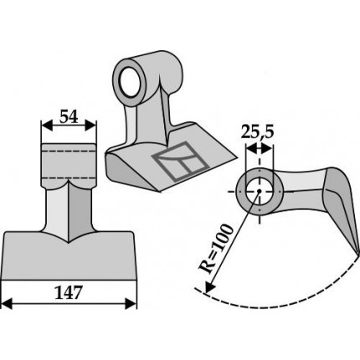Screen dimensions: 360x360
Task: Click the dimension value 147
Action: coord(69,293)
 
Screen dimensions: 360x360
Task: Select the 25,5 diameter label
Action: coord(257,132)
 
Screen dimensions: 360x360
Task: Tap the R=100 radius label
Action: coord(216,249)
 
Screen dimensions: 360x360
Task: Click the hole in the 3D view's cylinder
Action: coord(131,81)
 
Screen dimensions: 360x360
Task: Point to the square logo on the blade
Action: coord(181,161)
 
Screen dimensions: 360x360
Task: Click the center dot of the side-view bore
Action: coord(260,191)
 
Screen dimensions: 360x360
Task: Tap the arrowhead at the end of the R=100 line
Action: coord(209,286)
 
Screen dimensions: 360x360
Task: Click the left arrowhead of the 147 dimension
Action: coord(7,303)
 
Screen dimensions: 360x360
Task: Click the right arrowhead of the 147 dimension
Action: coord(131,303)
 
